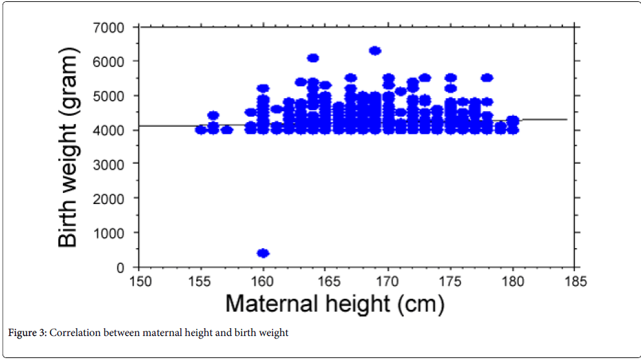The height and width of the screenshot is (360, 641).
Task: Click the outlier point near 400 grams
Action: [x=263, y=253]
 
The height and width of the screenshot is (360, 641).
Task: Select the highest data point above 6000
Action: [x=375, y=51]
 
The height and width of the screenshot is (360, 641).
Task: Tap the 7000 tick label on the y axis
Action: [x=110, y=27]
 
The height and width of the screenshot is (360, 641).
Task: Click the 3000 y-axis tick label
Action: [x=110, y=164]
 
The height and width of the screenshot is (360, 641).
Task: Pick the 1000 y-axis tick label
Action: [x=110, y=233]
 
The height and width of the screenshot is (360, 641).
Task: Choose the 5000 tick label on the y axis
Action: [x=110, y=96]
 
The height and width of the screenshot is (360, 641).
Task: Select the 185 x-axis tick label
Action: [x=575, y=281]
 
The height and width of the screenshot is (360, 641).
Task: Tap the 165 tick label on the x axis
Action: [x=325, y=281]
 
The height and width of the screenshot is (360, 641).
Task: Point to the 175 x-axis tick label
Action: [x=451, y=281]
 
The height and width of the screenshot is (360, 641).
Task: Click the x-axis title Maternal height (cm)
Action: [x=336, y=304]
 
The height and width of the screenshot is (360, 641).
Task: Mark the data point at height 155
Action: [x=201, y=129]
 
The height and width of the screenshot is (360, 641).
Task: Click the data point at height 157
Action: [x=227, y=129]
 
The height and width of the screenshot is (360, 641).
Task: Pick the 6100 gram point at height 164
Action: [x=313, y=58]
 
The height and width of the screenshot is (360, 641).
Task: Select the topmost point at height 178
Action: [x=487, y=77]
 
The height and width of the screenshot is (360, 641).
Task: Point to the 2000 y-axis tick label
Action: [x=110, y=198]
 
